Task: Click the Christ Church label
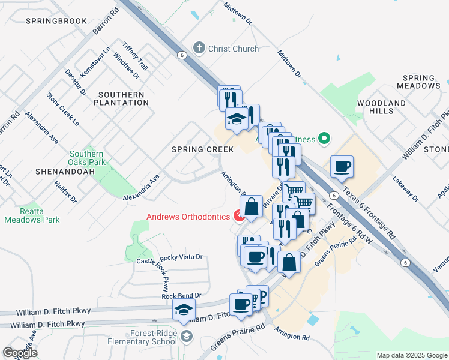pyautogui.click(x=234, y=49)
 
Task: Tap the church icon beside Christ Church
pyautogui.click(x=199, y=48)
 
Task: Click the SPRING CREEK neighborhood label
pyautogui.click(x=194, y=148)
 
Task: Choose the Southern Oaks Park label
pyautogui.click(x=86, y=158)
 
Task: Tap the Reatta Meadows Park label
pyautogui.click(x=32, y=215)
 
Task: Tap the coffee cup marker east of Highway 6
pyautogui.click(x=342, y=167)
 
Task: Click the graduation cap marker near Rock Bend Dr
pyautogui.click(x=184, y=310)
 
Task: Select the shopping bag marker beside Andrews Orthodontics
pyautogui.click(x=252, y=206)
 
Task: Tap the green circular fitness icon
pyautogui.click(x=324, y=139)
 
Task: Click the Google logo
pyautogui.click(x=20, y=353)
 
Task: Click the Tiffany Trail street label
pyautogui.click(x=135, y=56)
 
